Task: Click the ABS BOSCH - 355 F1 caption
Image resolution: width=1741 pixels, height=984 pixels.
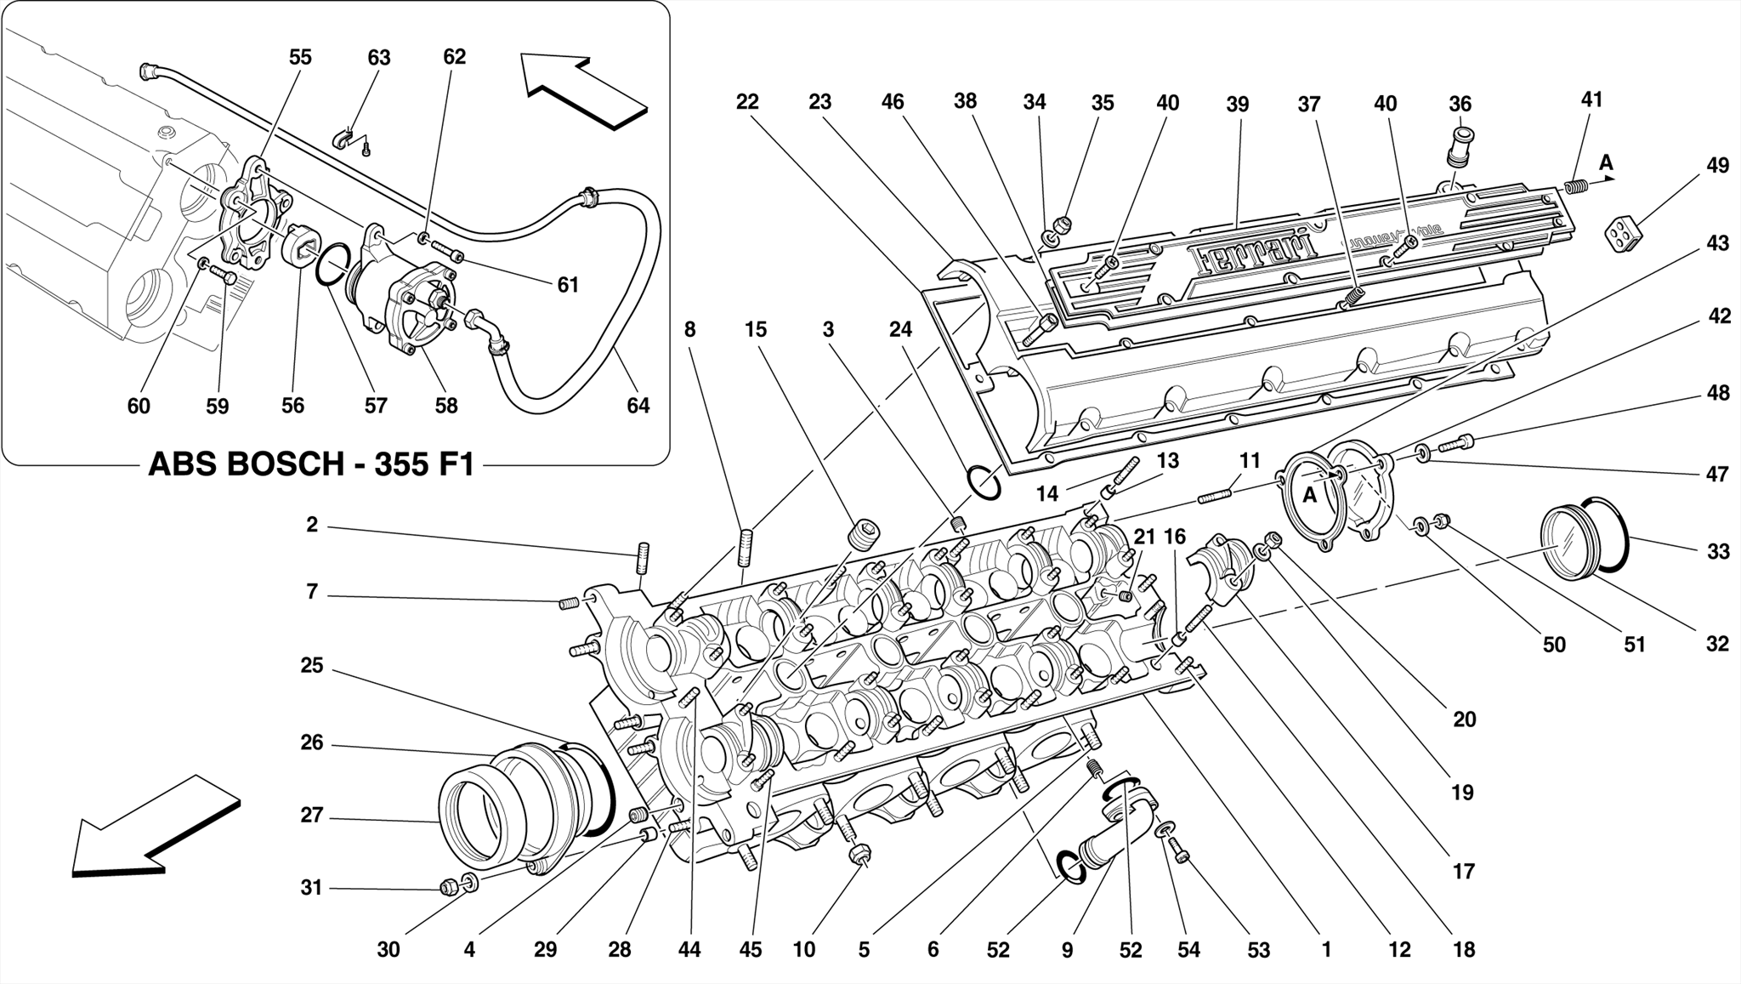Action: [x=311, y=465]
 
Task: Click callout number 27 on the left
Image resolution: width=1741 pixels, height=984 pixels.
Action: [x=312, y=815]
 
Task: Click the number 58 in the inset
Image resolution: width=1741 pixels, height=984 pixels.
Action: [x=445, y=406]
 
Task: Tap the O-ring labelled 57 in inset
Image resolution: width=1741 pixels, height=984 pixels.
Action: [x=332, y=266]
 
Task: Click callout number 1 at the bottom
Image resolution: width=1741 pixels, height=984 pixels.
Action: [x=1325, y=949]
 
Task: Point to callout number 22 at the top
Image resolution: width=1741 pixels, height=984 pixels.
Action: [x=746, y=102]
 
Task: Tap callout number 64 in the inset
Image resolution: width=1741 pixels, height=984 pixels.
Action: [x=638, y=406]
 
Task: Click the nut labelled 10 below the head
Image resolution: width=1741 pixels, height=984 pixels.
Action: [x=859, y=853]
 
